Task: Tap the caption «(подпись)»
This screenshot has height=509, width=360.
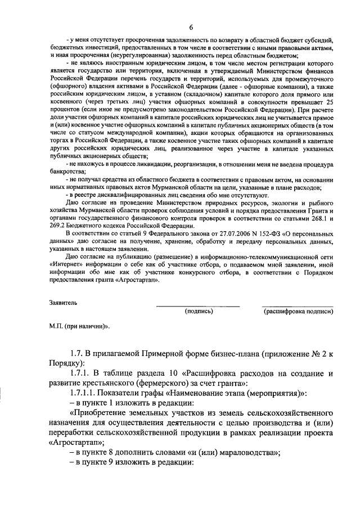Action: pyautogui.click(x=199, y=310)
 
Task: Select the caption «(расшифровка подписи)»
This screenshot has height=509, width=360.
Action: pyautogui.click(x=297, y=310)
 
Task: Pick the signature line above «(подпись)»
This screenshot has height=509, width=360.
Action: pyautogui.click(x=197, y=306)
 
